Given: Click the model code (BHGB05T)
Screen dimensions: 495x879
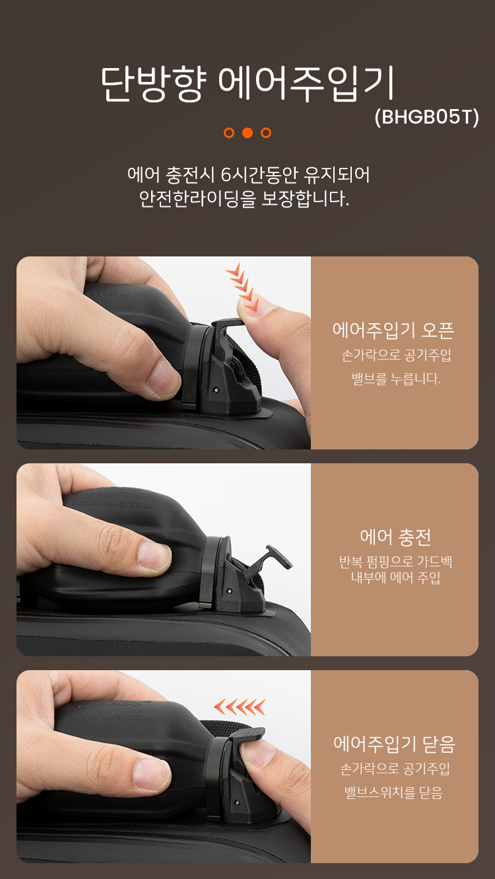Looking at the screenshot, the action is pos(426,117).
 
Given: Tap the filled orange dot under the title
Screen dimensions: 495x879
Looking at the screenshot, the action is pos(247,133).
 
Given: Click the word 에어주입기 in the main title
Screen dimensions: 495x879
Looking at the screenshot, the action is pos(306,83).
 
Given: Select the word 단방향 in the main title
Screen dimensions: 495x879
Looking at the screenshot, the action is pos(153,83).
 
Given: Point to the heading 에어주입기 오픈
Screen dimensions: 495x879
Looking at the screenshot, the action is pos(393,330).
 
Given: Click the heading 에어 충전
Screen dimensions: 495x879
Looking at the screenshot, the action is pos(395,537).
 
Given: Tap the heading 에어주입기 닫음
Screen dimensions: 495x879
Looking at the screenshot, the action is pos(394,744).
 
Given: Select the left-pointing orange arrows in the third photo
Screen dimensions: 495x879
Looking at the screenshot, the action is pos(240,707).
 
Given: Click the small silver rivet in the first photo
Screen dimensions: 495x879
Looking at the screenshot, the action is pos(216,391).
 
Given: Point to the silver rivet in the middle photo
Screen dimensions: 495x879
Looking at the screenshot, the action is pos(229,591).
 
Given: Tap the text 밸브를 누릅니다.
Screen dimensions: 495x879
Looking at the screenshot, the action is pos(396,379).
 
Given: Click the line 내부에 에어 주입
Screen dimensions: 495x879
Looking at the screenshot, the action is pos(395,578).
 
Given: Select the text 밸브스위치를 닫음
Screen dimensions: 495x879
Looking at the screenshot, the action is pos(393,792).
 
